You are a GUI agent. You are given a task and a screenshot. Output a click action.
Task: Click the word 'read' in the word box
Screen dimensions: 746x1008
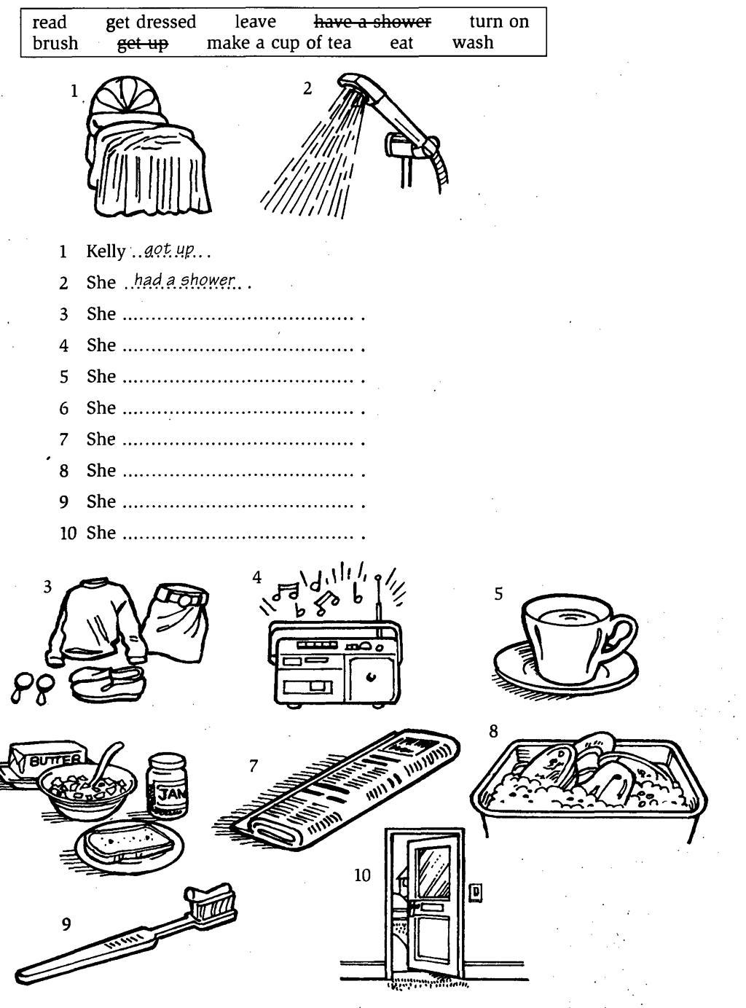pos(50,22)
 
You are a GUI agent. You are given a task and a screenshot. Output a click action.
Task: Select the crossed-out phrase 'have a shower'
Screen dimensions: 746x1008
pos(372,21)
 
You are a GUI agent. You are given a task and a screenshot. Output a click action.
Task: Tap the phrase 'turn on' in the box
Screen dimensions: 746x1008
pos(499,21)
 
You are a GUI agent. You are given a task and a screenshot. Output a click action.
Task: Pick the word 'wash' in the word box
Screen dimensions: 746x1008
pos(473,42)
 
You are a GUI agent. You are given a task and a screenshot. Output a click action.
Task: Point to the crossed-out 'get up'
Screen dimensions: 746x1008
pos(143,44)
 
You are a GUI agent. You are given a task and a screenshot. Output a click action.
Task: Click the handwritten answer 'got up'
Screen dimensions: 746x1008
pos(169,249)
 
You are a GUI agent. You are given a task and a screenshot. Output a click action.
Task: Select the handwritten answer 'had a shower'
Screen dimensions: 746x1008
pos(184,280)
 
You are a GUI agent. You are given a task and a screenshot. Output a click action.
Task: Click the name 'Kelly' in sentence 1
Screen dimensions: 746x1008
pos(106,251)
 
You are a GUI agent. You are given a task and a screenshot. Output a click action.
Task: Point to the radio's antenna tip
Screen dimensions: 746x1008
pos(378,578)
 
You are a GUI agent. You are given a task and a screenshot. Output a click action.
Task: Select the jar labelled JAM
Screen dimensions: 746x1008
pos(167,785)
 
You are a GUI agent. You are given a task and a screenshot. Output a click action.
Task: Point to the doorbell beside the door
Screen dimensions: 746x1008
pos(476,892)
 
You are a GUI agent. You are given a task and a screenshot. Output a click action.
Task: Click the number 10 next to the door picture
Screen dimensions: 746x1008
pos(362,875)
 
